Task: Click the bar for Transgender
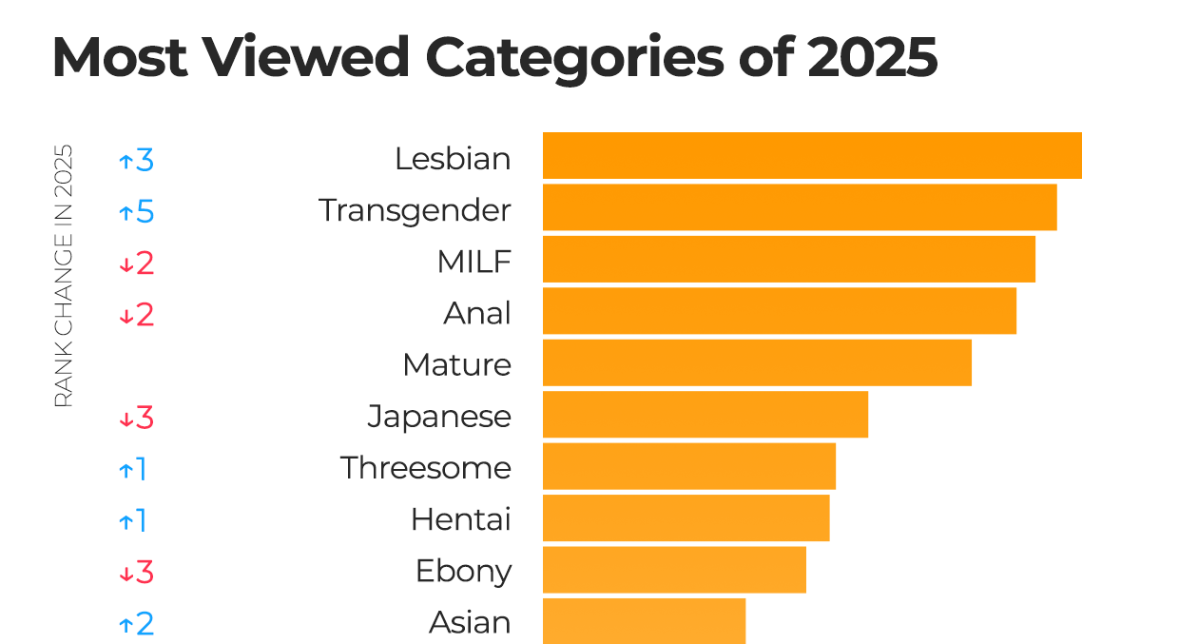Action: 799,207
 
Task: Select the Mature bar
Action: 757,362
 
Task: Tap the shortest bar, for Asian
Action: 644,621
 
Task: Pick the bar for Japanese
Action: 705,415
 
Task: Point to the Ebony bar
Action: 674,570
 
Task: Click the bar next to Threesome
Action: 688,466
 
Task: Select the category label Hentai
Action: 460,519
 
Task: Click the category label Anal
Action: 477,313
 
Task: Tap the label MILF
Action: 474,262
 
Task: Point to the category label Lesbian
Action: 453,159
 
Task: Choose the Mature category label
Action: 456,364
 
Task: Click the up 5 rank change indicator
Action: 136,211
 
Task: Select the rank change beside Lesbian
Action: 136,160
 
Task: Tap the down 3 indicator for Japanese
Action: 136,418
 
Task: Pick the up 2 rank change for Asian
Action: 136,624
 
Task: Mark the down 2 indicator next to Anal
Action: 136,315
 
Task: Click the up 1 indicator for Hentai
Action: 133,520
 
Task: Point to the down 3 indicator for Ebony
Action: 136,573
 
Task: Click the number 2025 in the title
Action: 872,58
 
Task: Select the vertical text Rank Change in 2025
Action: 63,276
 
